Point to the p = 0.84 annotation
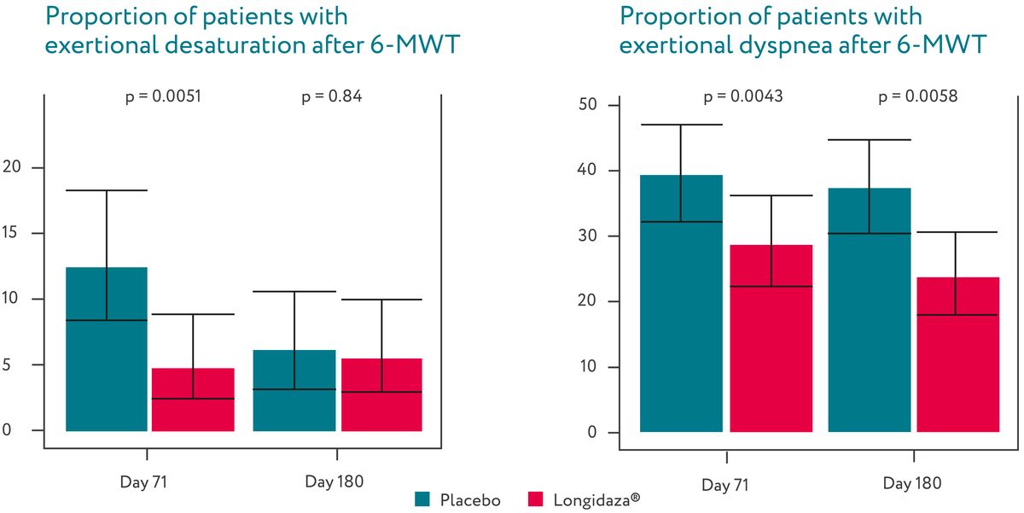coord(332,96)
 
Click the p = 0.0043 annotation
coord(743,96)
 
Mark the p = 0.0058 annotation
coord(918,96)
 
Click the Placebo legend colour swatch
coord(423,499)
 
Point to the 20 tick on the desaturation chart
coord(12,168)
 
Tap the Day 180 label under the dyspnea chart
coord(912,484)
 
